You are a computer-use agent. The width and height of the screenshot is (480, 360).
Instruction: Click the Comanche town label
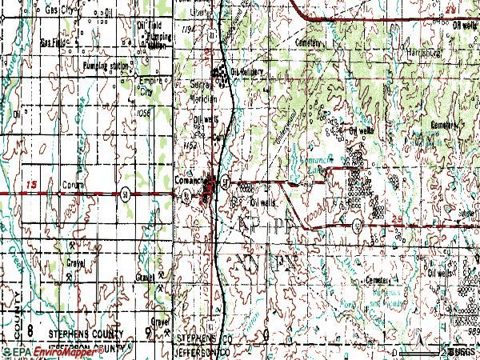190,181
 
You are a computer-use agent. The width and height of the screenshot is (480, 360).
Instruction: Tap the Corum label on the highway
73,184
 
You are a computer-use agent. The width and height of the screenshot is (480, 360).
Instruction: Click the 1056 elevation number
144,113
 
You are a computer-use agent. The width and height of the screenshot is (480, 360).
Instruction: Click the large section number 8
30,330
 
